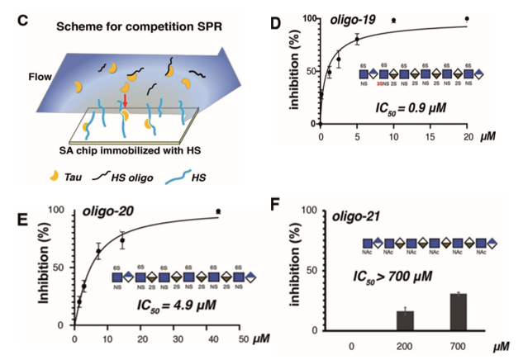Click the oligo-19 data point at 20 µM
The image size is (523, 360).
pos(468,18)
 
